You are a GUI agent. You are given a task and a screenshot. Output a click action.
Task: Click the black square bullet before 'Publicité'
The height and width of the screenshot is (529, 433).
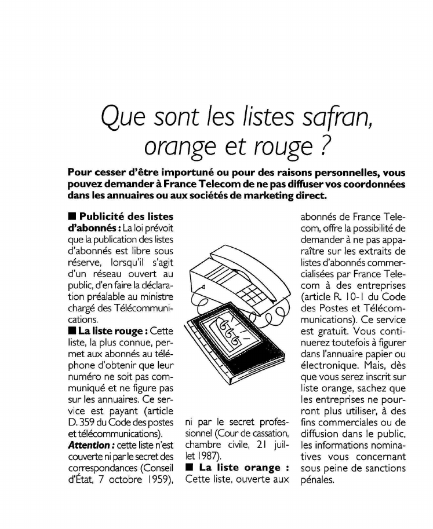click(x=72, y=216)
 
